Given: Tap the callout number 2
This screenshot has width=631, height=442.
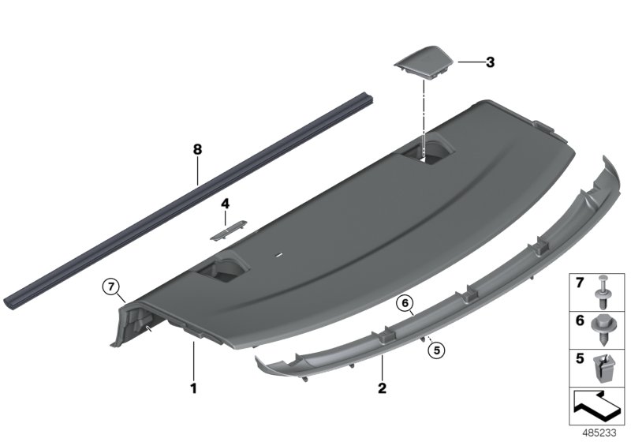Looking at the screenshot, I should pyautogui.click(x=382, y=388).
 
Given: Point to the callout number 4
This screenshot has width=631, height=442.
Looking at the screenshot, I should pyautogui.click(x=225, y=203).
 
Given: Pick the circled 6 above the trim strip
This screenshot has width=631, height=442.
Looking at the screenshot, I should pyautogui.click(x=405, y=302).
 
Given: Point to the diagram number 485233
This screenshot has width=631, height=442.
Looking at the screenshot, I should pyautogui.click(x=602, y=433).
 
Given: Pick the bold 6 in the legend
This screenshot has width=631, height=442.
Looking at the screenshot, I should pyautogui.click(x=577, y=321).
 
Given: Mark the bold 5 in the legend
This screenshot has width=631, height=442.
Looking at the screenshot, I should pyautogui.click(x=577, y=359).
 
